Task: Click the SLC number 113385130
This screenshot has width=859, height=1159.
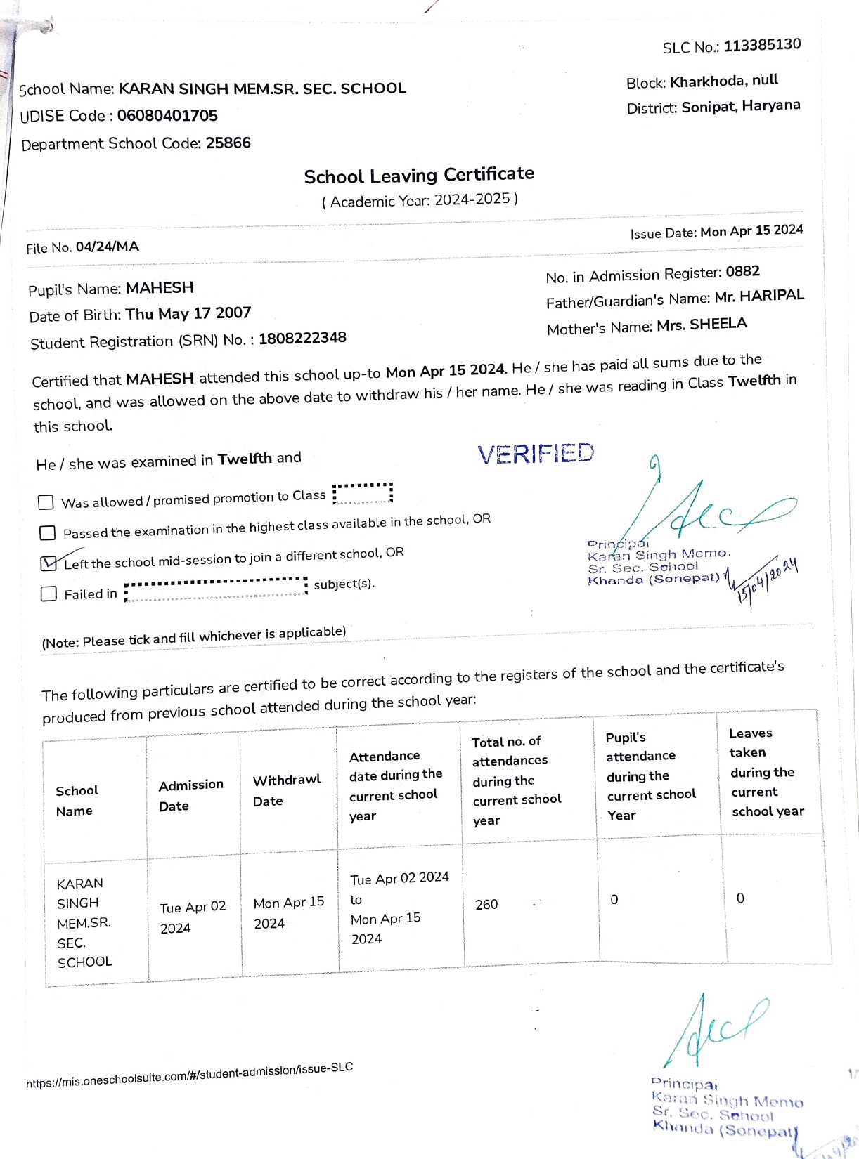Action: tap(762, 45)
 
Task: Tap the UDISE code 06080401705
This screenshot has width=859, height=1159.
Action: tap(167, 116)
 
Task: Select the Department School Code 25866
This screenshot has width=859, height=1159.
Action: tap(228, 143)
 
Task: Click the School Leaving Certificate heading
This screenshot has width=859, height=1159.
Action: tap(419, 175)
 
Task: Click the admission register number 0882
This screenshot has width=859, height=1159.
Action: tap(742, 272)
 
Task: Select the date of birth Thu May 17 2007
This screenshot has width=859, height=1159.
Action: tap(188, 313)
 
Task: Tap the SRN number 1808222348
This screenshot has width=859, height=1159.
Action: tap(302, 338)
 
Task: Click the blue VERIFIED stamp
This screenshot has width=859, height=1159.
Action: tap(536, 454)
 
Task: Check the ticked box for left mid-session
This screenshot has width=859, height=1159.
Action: tap(49, 563)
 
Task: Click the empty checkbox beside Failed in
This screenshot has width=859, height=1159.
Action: tap(49, 594)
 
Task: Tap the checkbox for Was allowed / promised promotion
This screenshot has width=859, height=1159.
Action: tap(46, 502)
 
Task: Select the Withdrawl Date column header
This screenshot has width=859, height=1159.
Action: tap(287, 790)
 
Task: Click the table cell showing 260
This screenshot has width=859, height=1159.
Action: tap(486, 905)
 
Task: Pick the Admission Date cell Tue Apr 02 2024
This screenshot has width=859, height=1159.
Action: tap(193, 917)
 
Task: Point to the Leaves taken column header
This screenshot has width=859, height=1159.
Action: tap(766, 772)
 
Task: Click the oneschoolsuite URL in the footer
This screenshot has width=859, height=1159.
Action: tap(189, 1075)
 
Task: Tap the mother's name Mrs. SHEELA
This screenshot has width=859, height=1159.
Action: tap(702, 325)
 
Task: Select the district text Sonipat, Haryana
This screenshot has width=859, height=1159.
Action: tap(740, 106)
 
